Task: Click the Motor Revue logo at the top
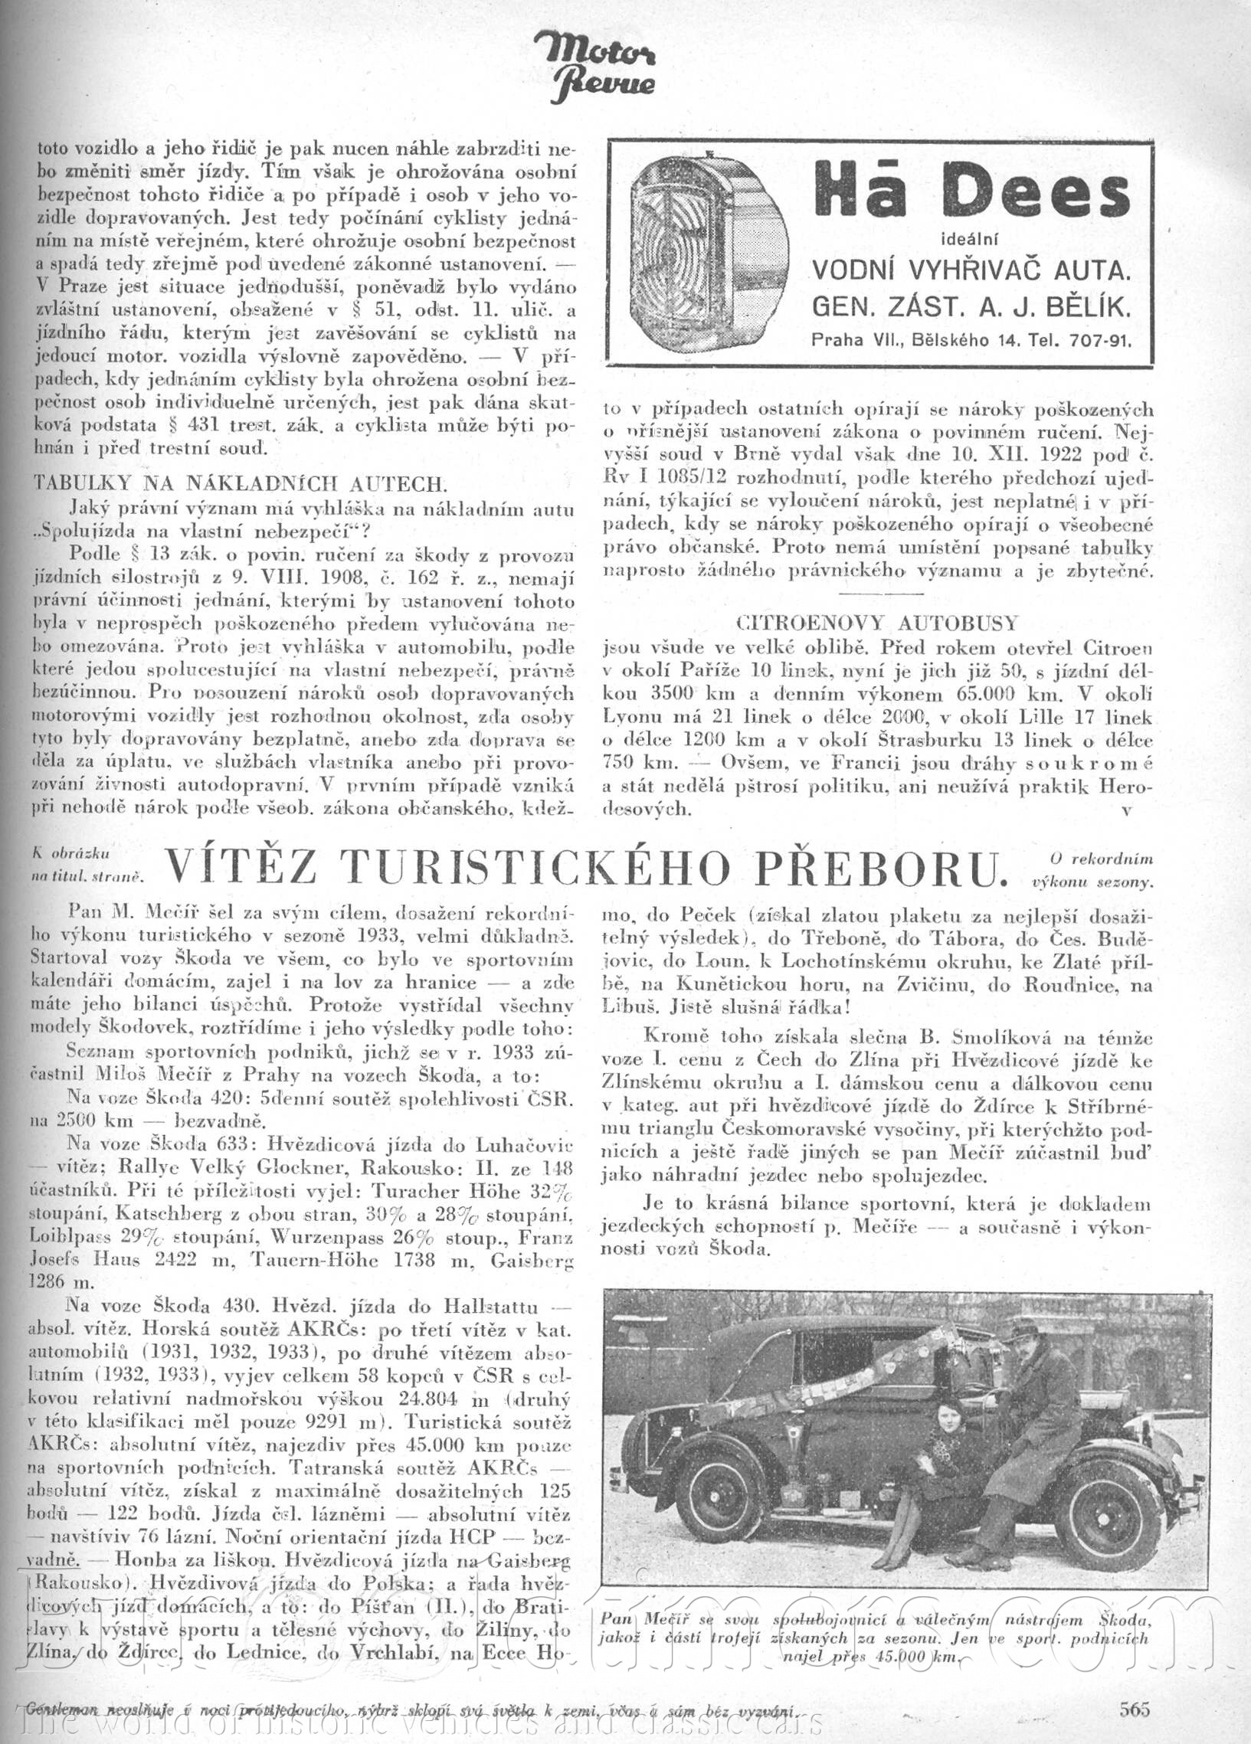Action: pos(595,67)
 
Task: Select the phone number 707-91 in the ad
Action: pos(1099,341)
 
